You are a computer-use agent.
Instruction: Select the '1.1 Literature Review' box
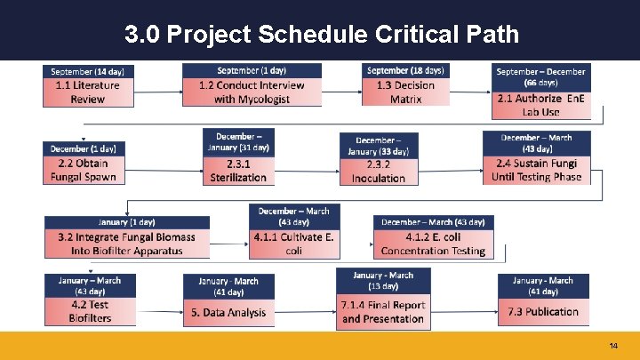point(87,92)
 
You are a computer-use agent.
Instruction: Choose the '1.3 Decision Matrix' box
point(405,92)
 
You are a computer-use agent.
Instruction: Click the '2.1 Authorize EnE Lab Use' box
point(540,105)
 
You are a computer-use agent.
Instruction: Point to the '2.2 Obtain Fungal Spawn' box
point(83,170)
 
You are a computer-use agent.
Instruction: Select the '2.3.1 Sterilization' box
point(237,171)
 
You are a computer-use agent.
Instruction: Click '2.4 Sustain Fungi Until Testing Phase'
point(536,170)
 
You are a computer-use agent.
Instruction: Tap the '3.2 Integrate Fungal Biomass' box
point(126,244)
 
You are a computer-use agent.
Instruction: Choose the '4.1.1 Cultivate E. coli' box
point(293,244)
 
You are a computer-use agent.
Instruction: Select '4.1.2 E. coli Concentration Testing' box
point(433,244)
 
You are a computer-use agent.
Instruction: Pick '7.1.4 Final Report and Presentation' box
point(383,311)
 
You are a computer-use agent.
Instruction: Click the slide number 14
point(613,345)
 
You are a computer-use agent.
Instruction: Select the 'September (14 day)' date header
point(87,71)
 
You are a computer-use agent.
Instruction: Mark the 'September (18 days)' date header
point(405,70)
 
